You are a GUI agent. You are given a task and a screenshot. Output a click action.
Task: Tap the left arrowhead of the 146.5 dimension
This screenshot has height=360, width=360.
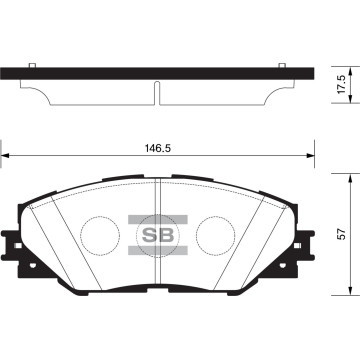pyautogui.click(x=7, y=156)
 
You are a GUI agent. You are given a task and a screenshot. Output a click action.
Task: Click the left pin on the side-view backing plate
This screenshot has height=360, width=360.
pyautogui.click(x=33, y=67)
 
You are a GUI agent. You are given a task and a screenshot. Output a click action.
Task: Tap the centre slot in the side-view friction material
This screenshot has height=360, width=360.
pyautogui.click(x=158, y=91)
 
